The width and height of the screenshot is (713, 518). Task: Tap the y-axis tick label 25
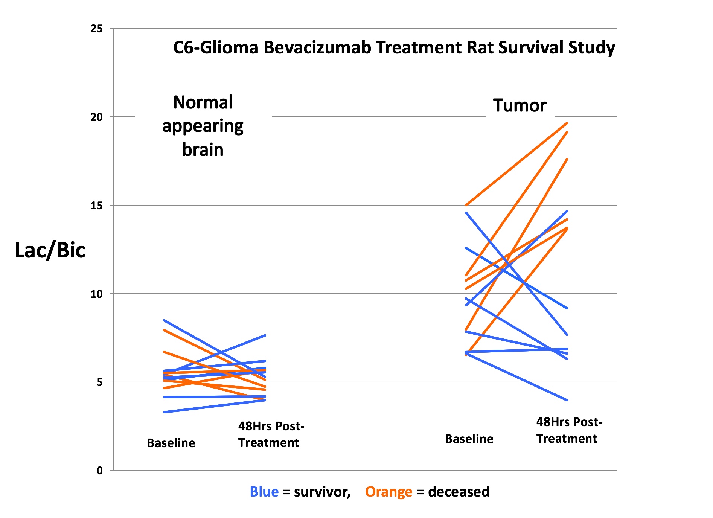97,29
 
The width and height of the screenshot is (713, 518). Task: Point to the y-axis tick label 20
97,117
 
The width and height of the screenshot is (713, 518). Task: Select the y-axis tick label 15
97,206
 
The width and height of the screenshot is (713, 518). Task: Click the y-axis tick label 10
97,294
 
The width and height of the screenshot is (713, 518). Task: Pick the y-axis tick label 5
99,382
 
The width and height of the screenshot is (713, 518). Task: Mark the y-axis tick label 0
99,471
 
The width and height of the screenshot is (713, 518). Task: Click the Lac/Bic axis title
50,250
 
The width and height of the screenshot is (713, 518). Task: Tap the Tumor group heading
520,105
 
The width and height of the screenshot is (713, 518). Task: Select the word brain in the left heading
203,150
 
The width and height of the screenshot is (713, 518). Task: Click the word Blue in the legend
264,492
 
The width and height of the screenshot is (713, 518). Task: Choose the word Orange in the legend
388,492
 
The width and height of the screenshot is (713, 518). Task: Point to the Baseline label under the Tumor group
469,439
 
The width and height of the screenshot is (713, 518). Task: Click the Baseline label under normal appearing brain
171,443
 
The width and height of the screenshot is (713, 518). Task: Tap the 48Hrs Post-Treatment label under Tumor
569,430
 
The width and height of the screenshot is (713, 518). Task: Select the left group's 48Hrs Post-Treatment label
271,434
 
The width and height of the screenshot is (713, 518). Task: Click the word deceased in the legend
459,492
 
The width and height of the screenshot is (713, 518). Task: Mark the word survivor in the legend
322,492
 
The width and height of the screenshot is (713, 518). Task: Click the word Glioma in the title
229,48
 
